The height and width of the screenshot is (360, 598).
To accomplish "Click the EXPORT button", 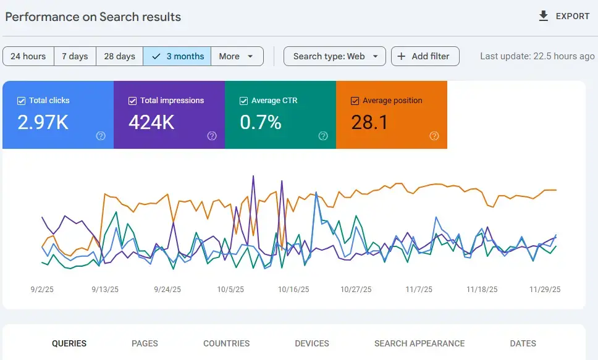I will [x=564, y=16].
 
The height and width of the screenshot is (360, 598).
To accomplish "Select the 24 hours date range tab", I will [x=28, y=56].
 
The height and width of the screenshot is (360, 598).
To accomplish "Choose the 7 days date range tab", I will [x=75, y=56].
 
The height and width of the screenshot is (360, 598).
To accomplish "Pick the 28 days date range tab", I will [x=119, y=56].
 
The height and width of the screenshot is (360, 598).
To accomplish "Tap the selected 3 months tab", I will [x=177, y=56].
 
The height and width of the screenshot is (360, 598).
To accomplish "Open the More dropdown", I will [x=237, y=56].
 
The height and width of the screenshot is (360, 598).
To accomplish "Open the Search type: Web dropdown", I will [x=334, y=56].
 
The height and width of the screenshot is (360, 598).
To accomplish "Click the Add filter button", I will [x=424, y=56].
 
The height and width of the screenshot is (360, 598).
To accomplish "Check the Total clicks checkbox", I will [x=22, y=101].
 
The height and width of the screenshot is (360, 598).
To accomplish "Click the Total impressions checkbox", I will [x=133, y=101].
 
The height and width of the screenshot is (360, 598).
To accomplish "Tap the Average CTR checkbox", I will [x=244, y=101].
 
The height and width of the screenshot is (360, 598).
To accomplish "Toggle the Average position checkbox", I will [x=355, y=101].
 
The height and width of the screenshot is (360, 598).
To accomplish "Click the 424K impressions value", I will [x=151, y=122].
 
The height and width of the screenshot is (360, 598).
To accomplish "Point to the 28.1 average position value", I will [x=369, y=122].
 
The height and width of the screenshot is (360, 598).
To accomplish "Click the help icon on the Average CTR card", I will [x=323, y=136].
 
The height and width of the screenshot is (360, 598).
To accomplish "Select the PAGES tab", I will [x=145, y=343].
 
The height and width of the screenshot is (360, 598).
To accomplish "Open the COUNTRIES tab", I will [x=226, y=343].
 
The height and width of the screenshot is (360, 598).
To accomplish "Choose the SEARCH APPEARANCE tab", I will [x=419, y=343].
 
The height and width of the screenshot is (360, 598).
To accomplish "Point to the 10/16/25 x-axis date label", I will [x=293, y=289].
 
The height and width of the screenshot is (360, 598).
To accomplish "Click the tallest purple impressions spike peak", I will [x=253, y=177].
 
